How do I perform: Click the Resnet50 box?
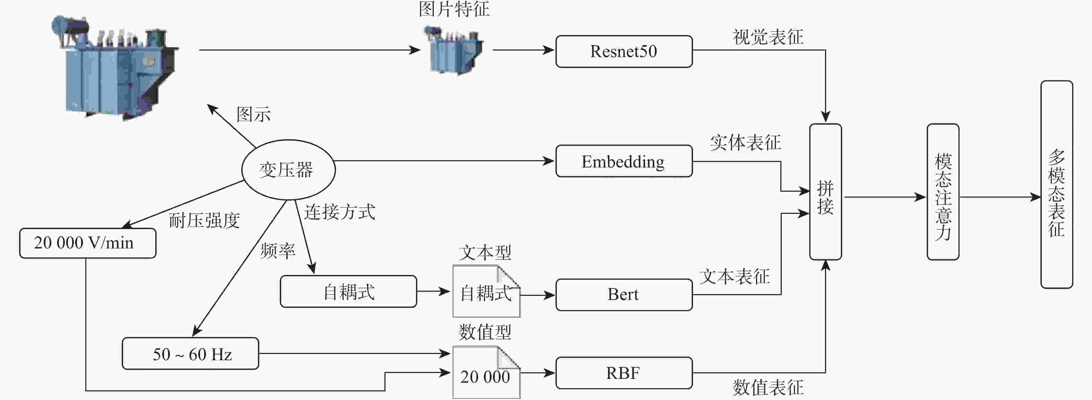pyautogui.click(x=624, y=51)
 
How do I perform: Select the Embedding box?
pyautogui.click(x=624, y=161)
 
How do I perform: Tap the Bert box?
pyautogui.click(x=624, y=294)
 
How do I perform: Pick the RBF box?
pyautogui.click(x=624, y=373)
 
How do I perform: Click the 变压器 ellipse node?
pyautogui.click(x=288, y=170)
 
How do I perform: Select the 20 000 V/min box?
pyautogui.click(x=87, y=243)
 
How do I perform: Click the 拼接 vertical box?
pyautogui.click(x=825, y=192)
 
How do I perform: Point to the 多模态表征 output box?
pyautogui.click(x=1056, y=184)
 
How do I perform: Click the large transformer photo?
pyautogui.click(x=116, y=68)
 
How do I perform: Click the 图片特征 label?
pyautogui.click(x=454, y=9)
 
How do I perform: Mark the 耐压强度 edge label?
pyautogui.click(x=204, y=220)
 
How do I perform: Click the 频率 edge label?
pyautogui.click(x=278, y=251)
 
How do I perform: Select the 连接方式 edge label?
pyautogui.click(x=339, y=212)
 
